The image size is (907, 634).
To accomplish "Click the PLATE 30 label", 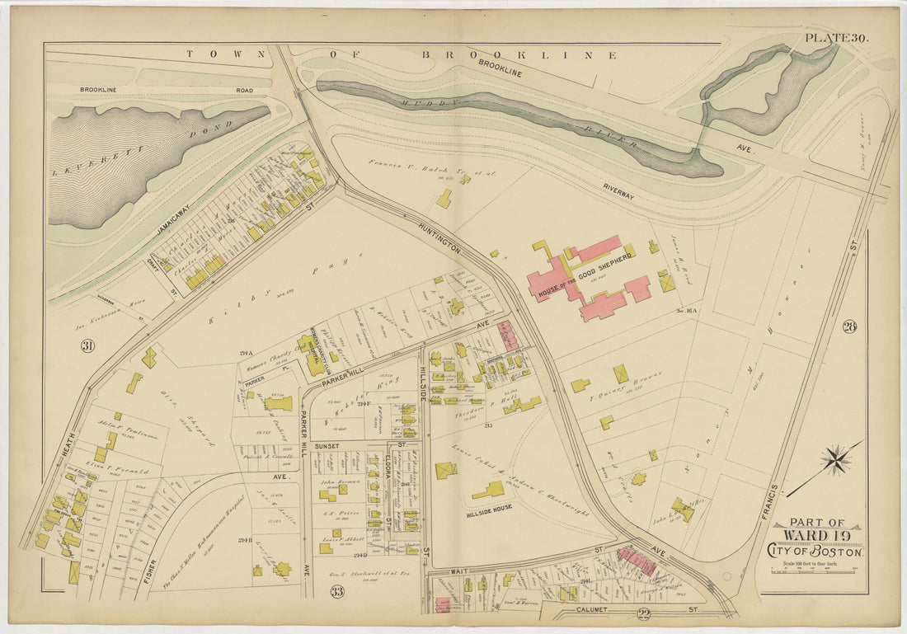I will [x=836, y=37].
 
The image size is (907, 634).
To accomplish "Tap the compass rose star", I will [x=836, y=460].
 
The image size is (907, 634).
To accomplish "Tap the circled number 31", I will [x=87, y=346].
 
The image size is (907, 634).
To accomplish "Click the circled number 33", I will [x=337, y=591].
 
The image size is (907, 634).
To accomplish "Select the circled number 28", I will [x=849, y=327].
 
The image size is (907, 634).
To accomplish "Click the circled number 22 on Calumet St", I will [x=642, y=612].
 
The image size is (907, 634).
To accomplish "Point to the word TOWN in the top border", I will [x=208, y=54].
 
